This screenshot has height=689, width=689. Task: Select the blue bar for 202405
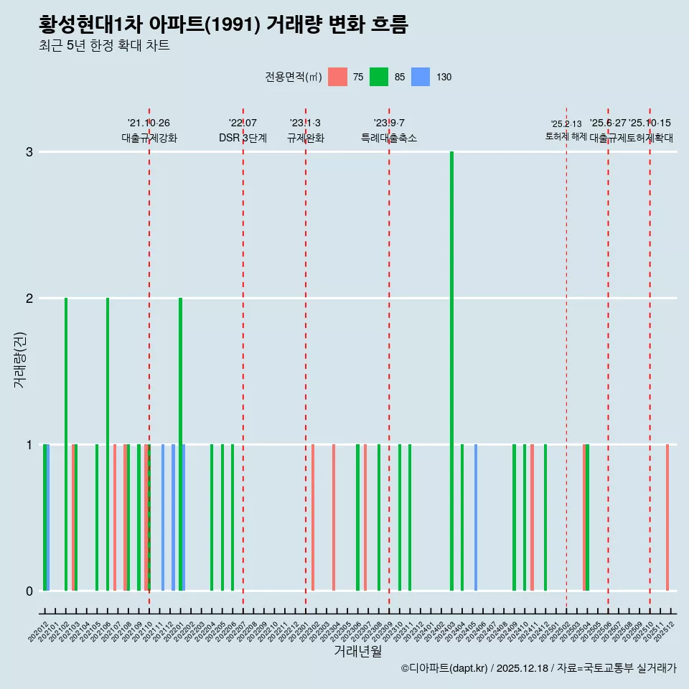[x=476, y=517]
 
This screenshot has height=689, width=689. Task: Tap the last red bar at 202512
[x=667, y=517]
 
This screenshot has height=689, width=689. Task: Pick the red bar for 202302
[x=313, y=517]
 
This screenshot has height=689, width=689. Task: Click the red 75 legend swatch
[x=337, y=77]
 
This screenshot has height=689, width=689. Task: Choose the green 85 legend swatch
[x=379, y=77]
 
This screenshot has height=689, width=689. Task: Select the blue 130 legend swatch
[x=421, y=77]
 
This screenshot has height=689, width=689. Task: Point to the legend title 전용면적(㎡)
[x=294, y=77]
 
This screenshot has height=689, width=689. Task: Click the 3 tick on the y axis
[x=29, y=151]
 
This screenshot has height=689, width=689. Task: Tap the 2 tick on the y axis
[x=29, y=298]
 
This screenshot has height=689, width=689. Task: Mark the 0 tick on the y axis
[x=29, y=591]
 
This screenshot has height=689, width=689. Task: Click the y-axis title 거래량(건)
[x=20, y=360]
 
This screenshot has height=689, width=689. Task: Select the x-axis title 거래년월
[x=357, y=651]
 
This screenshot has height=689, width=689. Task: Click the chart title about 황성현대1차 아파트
[x=223, y=25]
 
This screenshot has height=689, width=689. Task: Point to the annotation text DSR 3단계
[x=243, y=138]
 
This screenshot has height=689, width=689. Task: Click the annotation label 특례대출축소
[x=389, y=138]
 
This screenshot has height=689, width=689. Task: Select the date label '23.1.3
[x=305, y=123]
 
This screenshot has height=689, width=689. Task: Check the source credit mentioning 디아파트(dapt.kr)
[x=538, y=669]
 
